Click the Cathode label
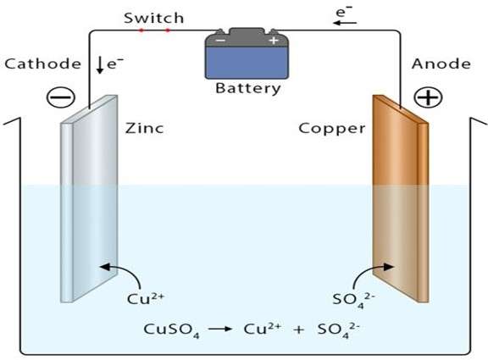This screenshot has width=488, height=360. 42,64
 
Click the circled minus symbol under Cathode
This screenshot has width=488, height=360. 60,98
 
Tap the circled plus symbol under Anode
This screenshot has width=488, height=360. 428,98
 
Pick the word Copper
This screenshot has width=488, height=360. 332,129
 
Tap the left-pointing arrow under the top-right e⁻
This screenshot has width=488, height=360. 340,24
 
